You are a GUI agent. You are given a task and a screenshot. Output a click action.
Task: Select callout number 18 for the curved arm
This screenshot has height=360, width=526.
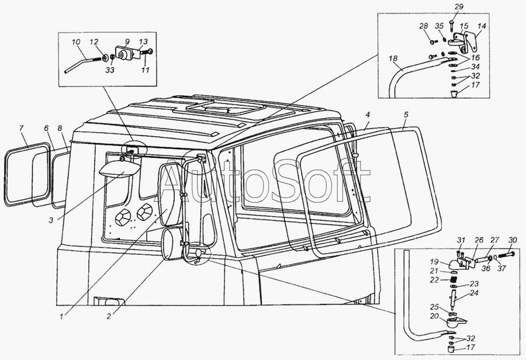click(393, 58)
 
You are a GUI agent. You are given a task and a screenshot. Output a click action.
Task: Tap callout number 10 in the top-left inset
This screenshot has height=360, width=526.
click(76, 42)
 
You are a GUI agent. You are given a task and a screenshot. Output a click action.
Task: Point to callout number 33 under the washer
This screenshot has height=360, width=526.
click(110, 70)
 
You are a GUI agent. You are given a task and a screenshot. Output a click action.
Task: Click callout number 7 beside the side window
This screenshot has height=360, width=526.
click(21, 128)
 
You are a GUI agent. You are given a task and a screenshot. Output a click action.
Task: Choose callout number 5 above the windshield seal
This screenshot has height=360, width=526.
click(406, 115)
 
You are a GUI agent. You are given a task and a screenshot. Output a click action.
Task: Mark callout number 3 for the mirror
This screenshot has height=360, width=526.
click(51, 220)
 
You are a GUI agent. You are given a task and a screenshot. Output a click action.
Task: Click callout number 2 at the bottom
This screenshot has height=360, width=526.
click(109, 316)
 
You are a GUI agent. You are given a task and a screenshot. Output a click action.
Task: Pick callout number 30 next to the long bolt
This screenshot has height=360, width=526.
click(513, 240)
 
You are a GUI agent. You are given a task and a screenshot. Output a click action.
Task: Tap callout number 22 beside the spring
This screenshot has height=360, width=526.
click(434, 280)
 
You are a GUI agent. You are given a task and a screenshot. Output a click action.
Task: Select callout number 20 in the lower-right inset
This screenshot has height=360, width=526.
click(434, 316)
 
